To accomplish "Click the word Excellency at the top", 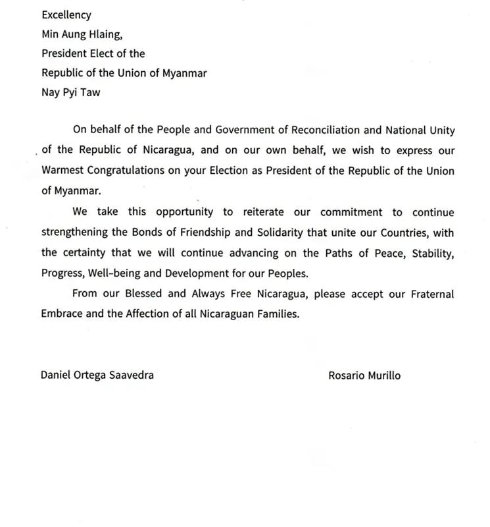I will [x=66, y=14].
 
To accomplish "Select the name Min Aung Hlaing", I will [x=82, y=34].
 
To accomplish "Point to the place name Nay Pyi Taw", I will [x=71, y=92].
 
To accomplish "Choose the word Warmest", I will [x=64, y=169].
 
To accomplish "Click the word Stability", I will [x=431, y=253].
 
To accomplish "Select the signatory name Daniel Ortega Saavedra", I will [x=97, y=375].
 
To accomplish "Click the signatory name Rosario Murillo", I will [x=364, y=375].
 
